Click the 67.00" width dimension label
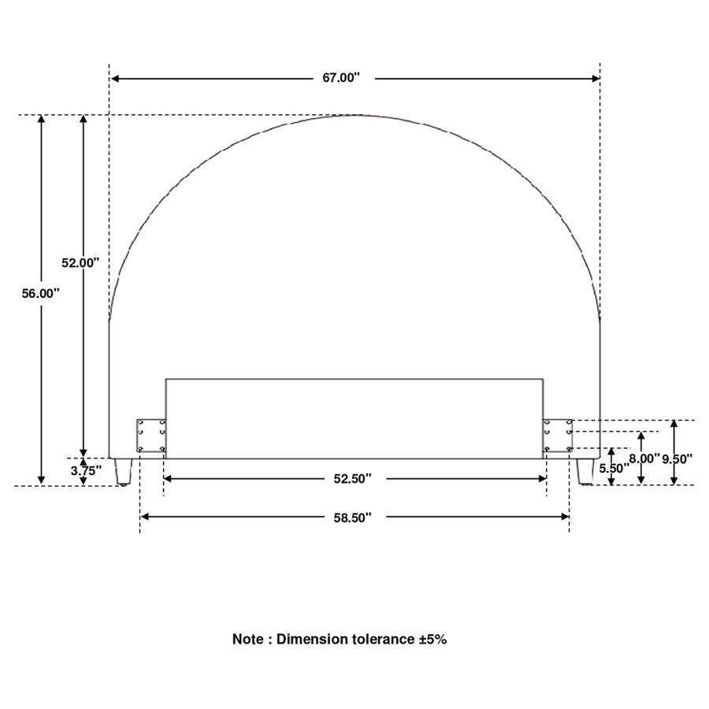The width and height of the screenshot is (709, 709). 341,78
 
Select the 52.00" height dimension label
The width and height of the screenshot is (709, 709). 80,262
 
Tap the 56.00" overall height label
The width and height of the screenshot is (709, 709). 41,294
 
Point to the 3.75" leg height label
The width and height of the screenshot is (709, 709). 86,471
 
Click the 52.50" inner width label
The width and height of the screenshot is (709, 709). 353,479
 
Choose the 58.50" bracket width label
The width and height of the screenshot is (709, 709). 353,518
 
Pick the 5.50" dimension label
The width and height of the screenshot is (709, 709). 614,469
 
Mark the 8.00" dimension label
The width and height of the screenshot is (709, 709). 644,458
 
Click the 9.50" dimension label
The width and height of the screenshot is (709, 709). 677,459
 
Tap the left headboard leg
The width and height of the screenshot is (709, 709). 123,472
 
